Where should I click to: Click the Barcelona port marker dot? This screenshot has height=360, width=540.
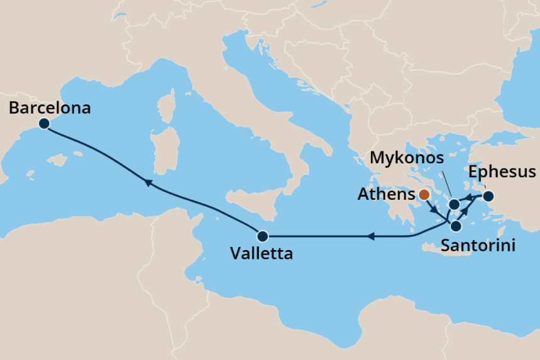pos(44,124)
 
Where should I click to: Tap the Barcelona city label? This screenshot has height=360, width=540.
pos(50,108)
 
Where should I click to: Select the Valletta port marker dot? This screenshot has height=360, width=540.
pos(263,237)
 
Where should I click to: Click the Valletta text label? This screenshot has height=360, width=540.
pos(261,254)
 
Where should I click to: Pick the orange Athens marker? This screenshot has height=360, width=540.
pos(424,195)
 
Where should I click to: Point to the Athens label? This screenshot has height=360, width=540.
pos(386,195)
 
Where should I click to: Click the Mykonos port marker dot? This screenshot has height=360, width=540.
pos(453,204)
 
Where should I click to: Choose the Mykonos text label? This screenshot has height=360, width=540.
pos(407,158)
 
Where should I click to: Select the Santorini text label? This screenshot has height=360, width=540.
pos(478,246)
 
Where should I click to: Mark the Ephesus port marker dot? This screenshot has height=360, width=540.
pos(488,197)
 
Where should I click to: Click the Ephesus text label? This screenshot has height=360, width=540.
pos(502,172)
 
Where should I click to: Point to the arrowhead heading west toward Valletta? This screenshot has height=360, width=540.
pos(371,237)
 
